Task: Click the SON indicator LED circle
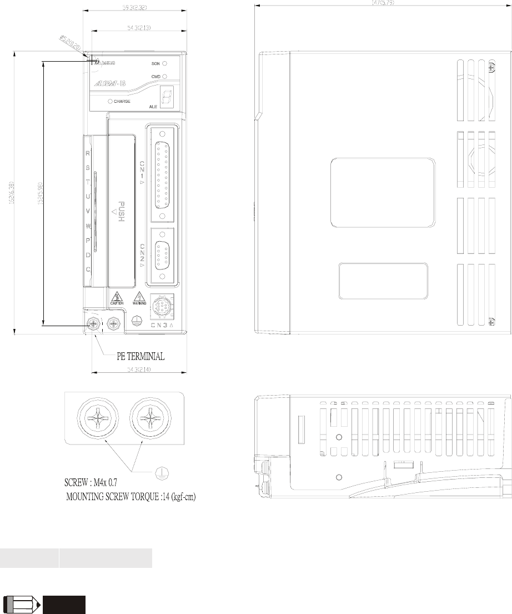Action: [x=165, y=64]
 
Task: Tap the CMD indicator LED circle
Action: [x=165, y=76]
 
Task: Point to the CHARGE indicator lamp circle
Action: [x=111, y=102]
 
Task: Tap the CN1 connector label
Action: [x=142, y=171]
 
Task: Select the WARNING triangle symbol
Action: [x=139, y=297]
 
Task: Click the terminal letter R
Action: [x=88, y=153]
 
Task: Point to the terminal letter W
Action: [x=88, y=226]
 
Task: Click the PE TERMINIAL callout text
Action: [x=140, y=355]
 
